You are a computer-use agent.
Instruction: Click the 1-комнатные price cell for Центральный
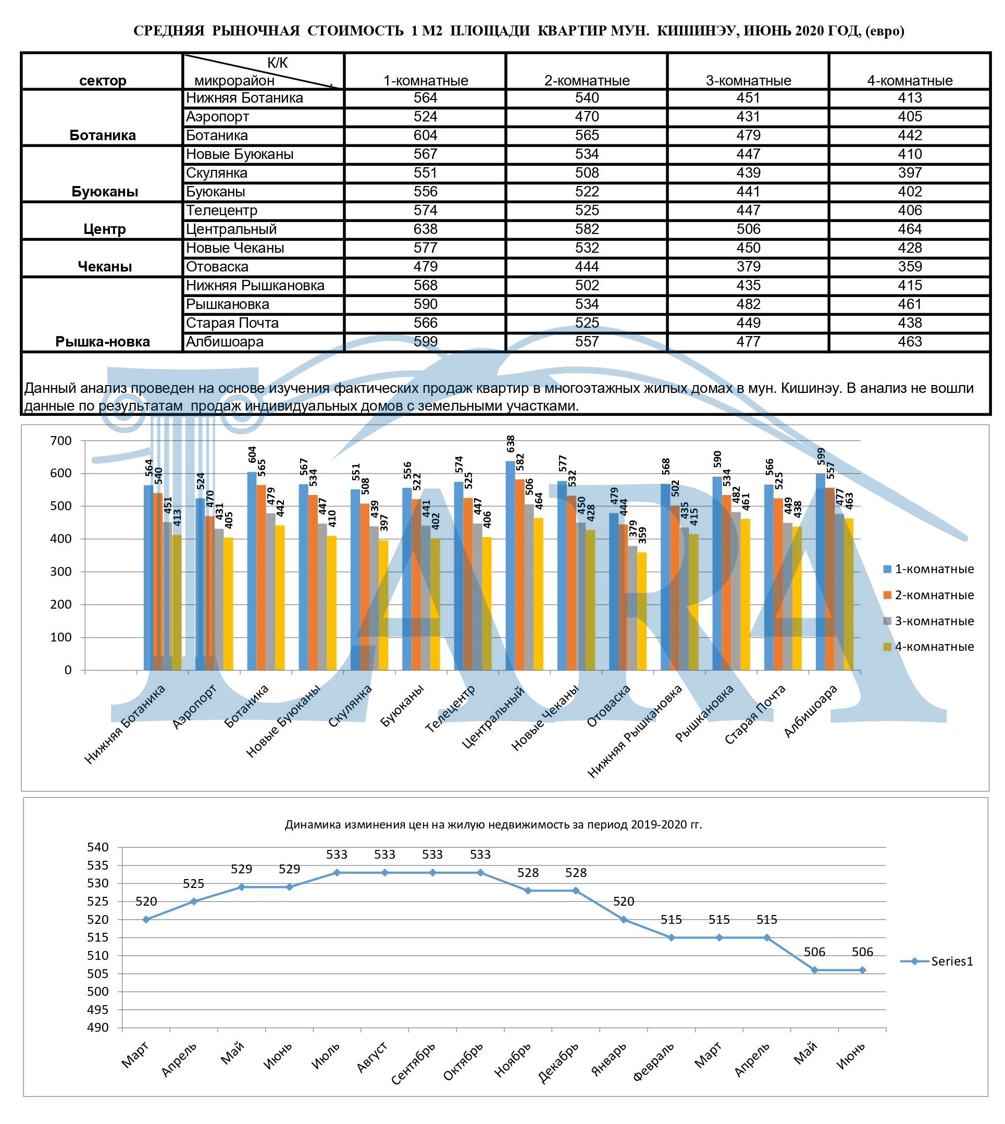click(x=425, y=229)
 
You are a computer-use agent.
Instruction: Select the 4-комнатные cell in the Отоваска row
click(x=910, y=267)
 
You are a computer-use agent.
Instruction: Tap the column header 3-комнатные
click(x=748, y=81)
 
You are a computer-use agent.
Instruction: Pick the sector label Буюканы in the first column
click(x=104, y=192)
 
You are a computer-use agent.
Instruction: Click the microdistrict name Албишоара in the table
click(x=224, y=342)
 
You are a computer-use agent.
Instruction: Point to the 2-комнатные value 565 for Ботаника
click(x=587, y=135)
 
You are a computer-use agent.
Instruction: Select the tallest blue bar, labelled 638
click(x=510, y=565)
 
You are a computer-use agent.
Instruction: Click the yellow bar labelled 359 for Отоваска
click(x=642, y=611)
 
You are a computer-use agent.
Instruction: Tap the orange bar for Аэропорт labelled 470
click(x=209, y=592)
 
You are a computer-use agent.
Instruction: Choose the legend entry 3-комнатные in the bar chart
click(x=929, y=621)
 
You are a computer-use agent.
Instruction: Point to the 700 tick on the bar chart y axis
click(x=61, y=441)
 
